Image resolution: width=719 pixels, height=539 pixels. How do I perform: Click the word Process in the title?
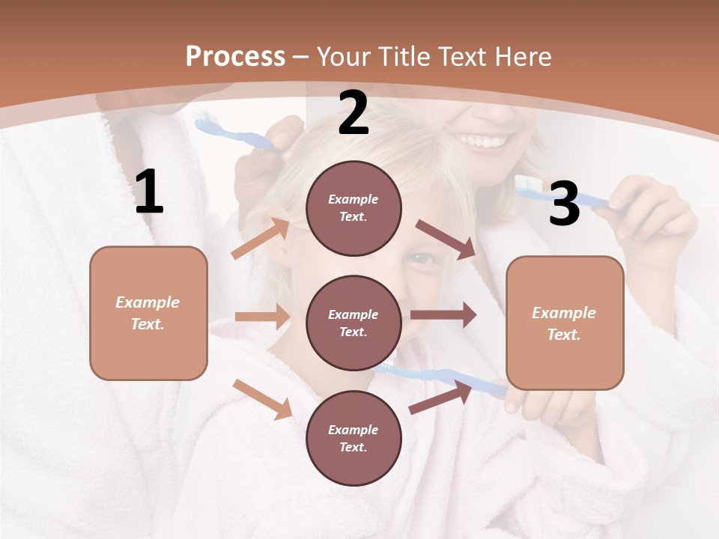click(x=235, y=56)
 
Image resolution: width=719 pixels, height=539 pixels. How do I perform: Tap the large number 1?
click(x=149, y=192)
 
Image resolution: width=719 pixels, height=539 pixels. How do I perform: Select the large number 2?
click(x=354, y=113)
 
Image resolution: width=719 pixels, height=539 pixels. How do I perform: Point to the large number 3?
click(x=564, y=204)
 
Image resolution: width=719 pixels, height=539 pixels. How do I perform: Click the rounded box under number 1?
click(x=148, y=313)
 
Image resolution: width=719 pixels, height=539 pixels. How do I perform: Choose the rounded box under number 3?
click(x=565, y=323)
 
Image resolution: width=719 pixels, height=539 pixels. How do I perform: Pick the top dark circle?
click(x=354, y=208)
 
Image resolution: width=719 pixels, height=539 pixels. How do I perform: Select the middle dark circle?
click(x=354, y=323)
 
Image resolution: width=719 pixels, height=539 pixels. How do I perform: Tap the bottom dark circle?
click(x=354, y=438)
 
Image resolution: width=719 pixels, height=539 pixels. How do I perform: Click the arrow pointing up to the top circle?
click(x=261, y=239)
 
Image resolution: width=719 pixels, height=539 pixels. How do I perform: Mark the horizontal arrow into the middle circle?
click(x=261, y=317)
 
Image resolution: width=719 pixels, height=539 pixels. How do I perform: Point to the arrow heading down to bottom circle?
click(x=262, y=398)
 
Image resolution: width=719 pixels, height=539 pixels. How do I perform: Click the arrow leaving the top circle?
click(x=446, y=240)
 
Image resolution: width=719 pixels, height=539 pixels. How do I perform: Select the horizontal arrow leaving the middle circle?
click(x=443, y=315)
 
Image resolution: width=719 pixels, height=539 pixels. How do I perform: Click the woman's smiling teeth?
click(x=483, y=141)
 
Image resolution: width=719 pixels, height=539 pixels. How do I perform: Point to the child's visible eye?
click(x=422, y=259)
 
